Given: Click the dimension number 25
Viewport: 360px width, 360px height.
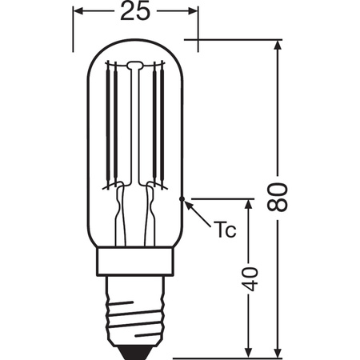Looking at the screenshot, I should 134,13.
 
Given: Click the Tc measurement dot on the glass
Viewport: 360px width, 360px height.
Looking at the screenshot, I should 184,197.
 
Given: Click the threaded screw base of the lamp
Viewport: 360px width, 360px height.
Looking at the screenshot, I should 134,307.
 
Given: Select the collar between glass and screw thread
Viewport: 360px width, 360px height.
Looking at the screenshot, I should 134,260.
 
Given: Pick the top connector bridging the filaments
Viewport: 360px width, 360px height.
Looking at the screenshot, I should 134,65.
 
